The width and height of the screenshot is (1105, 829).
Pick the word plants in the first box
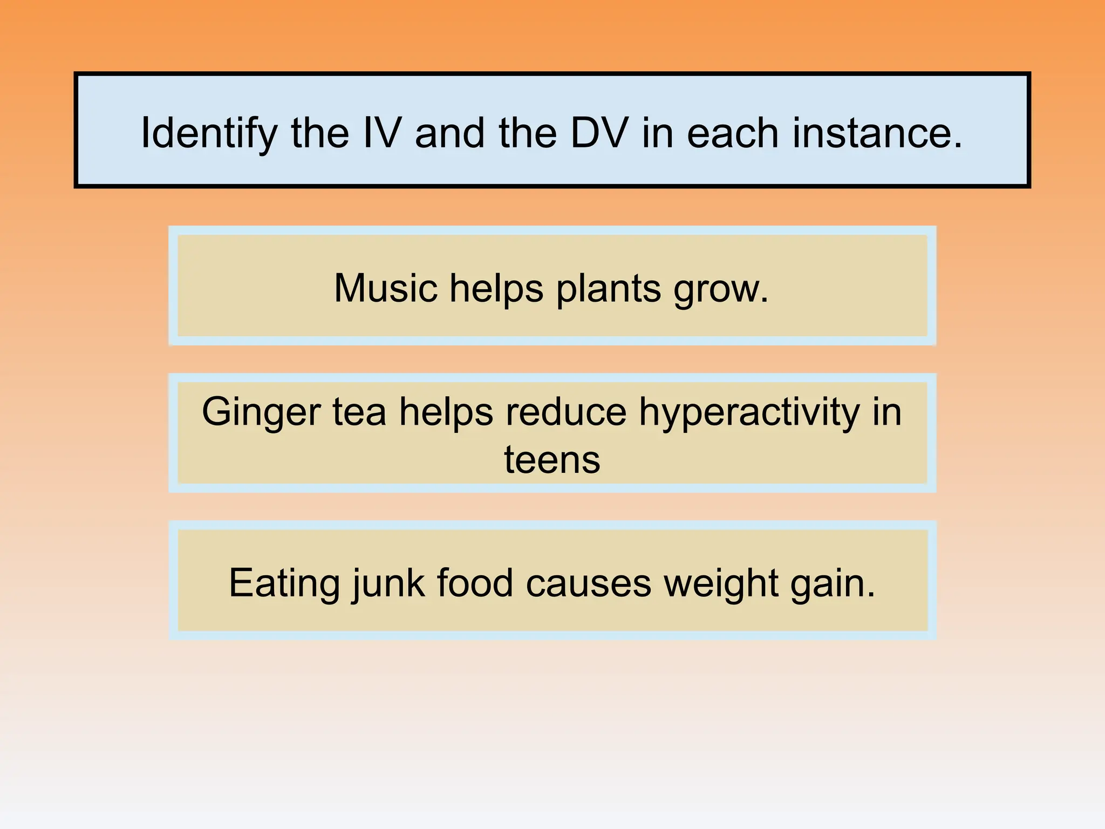608,289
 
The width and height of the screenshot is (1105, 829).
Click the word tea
359,412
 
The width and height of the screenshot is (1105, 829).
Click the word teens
552,460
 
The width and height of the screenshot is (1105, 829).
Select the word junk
387,584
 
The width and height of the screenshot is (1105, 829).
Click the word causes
589,584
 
